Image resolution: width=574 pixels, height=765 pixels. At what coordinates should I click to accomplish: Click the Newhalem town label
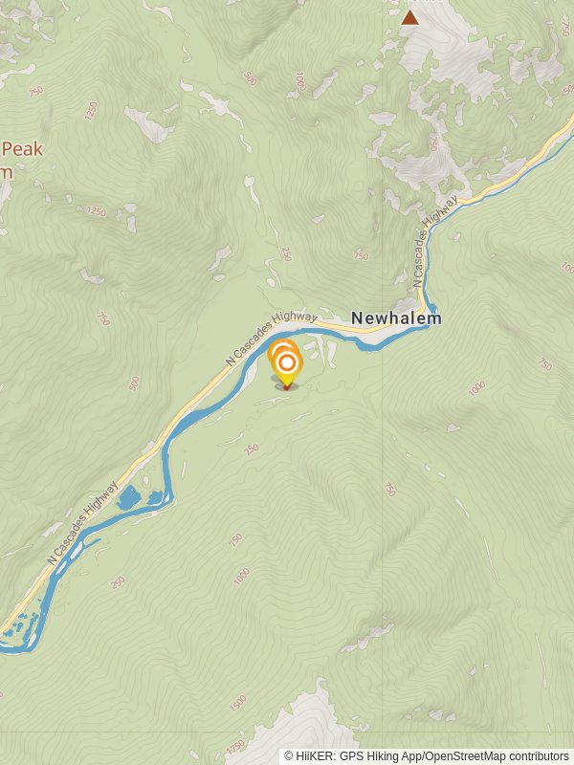click(x=396, y=318)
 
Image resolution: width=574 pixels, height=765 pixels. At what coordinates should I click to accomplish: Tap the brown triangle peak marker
click(x=410, y=17)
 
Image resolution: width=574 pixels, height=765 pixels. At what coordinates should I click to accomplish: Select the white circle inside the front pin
click(x=286, y=363)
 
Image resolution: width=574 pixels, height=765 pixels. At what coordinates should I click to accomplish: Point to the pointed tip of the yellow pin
click(x=286, y=386)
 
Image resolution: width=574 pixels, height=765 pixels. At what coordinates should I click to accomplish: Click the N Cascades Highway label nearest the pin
click(x=272, y=337)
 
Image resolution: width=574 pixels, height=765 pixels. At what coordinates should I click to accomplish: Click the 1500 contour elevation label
click(x=237, y=704)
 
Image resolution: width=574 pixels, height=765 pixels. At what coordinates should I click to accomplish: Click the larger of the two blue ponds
click(x=128, y=498)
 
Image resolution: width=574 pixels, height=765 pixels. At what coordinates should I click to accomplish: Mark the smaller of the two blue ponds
click(x=153, y=498)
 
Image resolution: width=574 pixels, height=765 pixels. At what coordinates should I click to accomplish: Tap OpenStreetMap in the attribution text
click(x=464, y=756)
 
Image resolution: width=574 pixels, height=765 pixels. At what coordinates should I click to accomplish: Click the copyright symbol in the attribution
click(x=289, y=756)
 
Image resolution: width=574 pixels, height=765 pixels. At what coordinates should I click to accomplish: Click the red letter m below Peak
click(x=6, y=172)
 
